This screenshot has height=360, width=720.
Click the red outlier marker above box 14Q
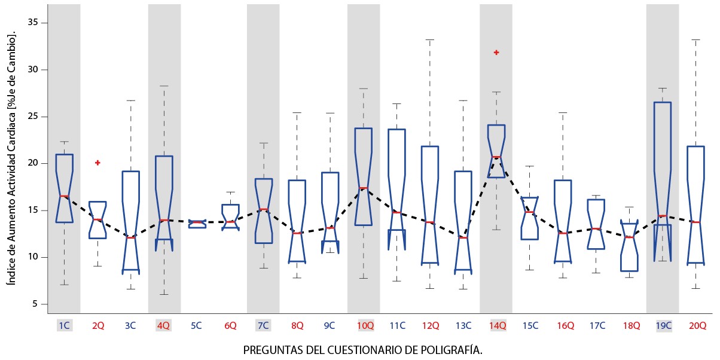pos(496,53)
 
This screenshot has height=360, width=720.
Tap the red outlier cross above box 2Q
pos(97,163)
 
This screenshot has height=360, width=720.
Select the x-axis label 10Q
pos(365,326)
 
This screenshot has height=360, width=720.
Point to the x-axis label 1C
pos(64,326)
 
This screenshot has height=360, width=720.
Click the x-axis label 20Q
pos(697,326)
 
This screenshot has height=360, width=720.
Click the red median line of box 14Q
pos(496,157)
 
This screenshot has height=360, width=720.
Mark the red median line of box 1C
pos(64,196)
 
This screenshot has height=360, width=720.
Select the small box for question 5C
pos(197,224)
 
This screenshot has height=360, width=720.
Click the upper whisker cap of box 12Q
pos(429,40)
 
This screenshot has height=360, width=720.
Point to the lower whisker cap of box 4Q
pos(163,294)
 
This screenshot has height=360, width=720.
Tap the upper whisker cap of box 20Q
pos(695,40)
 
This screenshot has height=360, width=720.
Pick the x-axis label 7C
pos(263,326)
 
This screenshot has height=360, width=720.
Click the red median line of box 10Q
pos(363,188)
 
